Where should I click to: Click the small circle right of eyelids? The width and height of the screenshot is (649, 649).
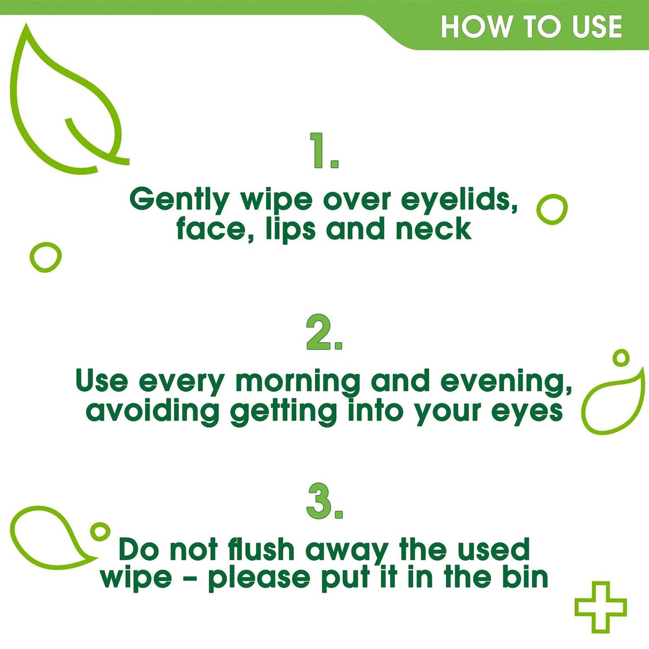(x=552, y=209)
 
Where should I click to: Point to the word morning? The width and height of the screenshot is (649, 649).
(x=297, y=382)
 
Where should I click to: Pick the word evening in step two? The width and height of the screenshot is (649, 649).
(x=505, y=382)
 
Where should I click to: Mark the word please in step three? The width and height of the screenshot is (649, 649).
(x=259, y=578)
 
